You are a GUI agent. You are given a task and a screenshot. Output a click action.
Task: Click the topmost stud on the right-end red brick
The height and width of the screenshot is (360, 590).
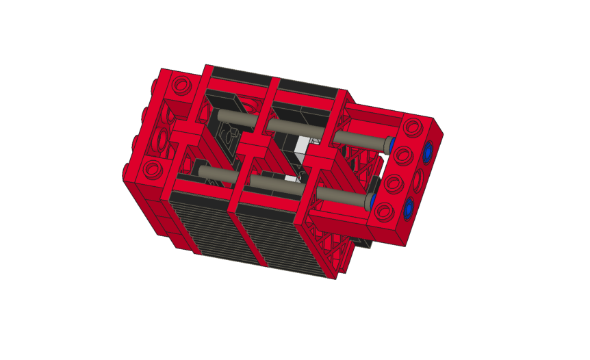point(413,127)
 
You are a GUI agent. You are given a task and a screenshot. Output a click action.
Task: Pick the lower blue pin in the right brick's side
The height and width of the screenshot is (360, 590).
point(409,207)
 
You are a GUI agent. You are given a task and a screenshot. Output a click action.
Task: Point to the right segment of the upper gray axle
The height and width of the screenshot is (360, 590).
point(361,139)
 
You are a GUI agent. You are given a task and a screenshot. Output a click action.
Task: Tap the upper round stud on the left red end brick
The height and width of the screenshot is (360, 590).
point(181,86)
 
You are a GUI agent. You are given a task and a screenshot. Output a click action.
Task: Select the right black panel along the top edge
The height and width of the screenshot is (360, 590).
point(308,86)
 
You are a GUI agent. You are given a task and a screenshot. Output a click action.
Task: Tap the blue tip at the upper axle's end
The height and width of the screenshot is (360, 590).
point(391,144)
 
